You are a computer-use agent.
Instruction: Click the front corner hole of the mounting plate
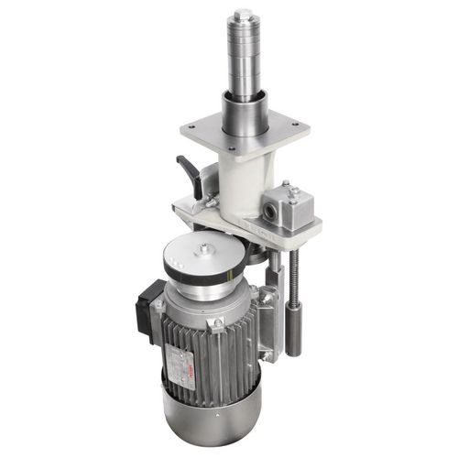pos(231,150)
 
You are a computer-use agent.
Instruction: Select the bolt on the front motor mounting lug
pos(217,323)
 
